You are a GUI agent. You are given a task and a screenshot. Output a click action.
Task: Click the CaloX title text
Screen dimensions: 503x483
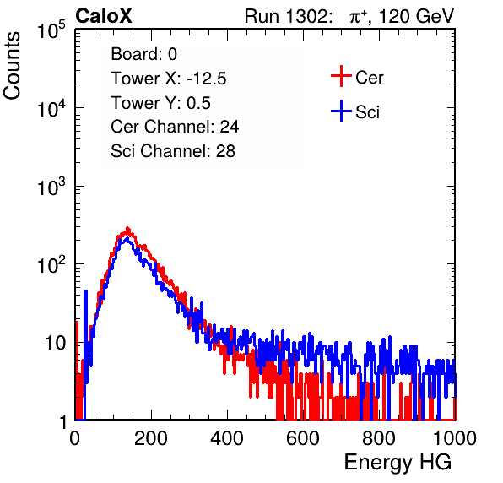pyautogui.click(x=103, y=16)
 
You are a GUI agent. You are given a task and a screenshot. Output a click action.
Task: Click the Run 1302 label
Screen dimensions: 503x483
pyautogui.click(x=288, y=16)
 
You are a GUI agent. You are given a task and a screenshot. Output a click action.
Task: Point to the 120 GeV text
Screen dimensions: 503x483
pyautogui.click(x=416, y=16)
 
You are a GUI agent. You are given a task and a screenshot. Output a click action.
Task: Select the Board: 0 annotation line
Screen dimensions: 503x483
pyautogui.click(x=143, y=54)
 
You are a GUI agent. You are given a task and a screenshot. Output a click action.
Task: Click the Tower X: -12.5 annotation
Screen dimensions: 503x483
pyautogui.click(x=169, y=79)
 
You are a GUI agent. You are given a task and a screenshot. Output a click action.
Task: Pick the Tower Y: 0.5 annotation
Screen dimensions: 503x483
pyautogui.click(x=160, y=103)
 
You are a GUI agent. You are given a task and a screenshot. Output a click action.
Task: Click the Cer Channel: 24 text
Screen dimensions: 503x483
pyautogui.click(x=175, y=127)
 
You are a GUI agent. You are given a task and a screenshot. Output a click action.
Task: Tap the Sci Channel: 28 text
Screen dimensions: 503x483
pyautogui.click(x=172, y=151)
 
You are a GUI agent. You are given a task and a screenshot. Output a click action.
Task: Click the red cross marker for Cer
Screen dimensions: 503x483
pyautogui.click(x=341, y=76)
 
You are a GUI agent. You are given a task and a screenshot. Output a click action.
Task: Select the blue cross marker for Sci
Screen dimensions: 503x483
pyautogui.click(x=341, y=111)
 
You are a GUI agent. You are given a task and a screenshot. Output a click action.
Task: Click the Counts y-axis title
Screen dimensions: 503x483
pyautogui.click(x=12, y=66)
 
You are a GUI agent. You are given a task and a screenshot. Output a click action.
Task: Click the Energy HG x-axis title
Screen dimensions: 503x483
pyautogui.click(x=398, y=463)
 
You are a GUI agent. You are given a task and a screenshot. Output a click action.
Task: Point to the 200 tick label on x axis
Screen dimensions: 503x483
pyautogui.click(x=151, y=438)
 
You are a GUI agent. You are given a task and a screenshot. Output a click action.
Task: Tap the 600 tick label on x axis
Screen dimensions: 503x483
pyautogui.click(x=303, y=438)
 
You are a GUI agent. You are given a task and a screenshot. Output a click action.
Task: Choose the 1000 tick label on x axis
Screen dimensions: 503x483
pyautogui.click(x=455, y=438)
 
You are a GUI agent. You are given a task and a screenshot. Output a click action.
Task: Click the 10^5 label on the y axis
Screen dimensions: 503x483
pyautogui.click(x=51, y=30)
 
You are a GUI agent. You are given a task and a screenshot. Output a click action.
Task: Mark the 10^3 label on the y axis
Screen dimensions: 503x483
pyautogui.click(x=51, y=187)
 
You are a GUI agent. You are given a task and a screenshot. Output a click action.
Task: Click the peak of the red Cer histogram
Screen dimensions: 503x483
pyautogui.click(x=127, y=229)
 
